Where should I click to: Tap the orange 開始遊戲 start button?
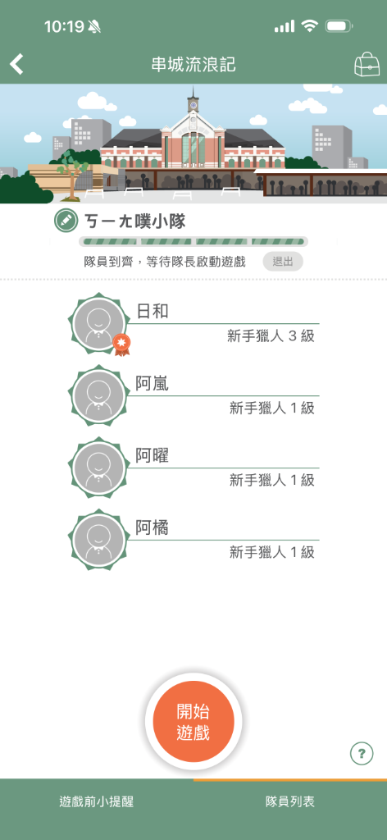coord(193,721)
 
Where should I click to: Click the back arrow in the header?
coord(16,64)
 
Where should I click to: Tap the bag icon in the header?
coord(367,64)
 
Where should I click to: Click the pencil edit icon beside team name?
coord(66,220)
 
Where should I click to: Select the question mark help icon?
coord(362,754)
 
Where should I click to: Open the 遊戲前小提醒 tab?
coord(97,801)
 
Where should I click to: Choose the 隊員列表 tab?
coord(290,801)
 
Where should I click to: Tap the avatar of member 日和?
coord(98,322)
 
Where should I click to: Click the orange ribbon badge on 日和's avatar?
coord(122,345)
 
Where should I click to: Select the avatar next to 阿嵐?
coord(98,395)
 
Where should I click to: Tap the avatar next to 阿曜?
coord(98,467)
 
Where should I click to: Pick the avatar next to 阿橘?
coord(98,540)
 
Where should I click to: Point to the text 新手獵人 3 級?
coord(271,336)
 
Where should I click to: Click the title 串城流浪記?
coord(193,65)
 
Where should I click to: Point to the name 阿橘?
coord(152,528)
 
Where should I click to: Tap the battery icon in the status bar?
coord(339,25)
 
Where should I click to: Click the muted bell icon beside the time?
coord(95,26)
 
